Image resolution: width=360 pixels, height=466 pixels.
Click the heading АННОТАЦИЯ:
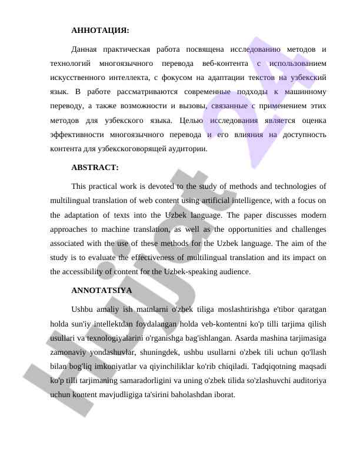tap(100, 30)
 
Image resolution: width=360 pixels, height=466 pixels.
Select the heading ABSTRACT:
tap(95, 168)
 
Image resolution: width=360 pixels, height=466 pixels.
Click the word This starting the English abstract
tap(79, 187)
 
